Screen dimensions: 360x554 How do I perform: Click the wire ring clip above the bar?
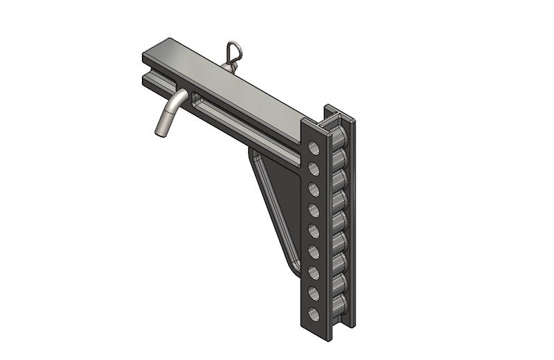point(231,51)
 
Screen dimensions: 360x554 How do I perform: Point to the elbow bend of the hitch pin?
point(179,98)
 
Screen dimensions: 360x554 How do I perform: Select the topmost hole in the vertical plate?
point(314,147)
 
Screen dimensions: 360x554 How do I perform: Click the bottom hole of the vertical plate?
point(314,312)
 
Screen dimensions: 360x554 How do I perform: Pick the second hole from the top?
point(314,168)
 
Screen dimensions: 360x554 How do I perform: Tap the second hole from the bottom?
point(314,292)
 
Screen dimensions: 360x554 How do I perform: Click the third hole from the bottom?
point(314,271)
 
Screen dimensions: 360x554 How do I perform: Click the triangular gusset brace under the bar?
point(277,201)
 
